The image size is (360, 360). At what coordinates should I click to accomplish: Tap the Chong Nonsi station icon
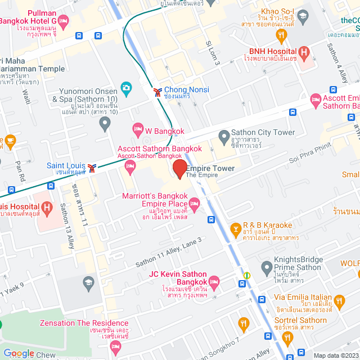click(157, 91)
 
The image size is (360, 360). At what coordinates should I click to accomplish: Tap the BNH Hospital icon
click(304, 53)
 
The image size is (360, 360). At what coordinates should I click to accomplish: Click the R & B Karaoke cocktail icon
click(235, 229)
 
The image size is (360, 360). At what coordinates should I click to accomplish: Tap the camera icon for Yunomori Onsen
click(126, 89)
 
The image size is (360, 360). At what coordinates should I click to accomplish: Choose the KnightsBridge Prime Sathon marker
click(267, 266)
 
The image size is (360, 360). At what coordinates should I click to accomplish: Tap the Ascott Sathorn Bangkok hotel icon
click(130, 165)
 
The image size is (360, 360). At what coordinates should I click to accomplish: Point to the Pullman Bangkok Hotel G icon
click(64, 21)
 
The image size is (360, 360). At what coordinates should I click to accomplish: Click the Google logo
click(19, 353)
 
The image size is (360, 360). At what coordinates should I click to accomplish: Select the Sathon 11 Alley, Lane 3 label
click(168, 252)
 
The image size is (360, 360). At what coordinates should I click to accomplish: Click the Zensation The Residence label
click(84, 323)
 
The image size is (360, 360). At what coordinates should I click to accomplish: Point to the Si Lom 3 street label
click(213, 51)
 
